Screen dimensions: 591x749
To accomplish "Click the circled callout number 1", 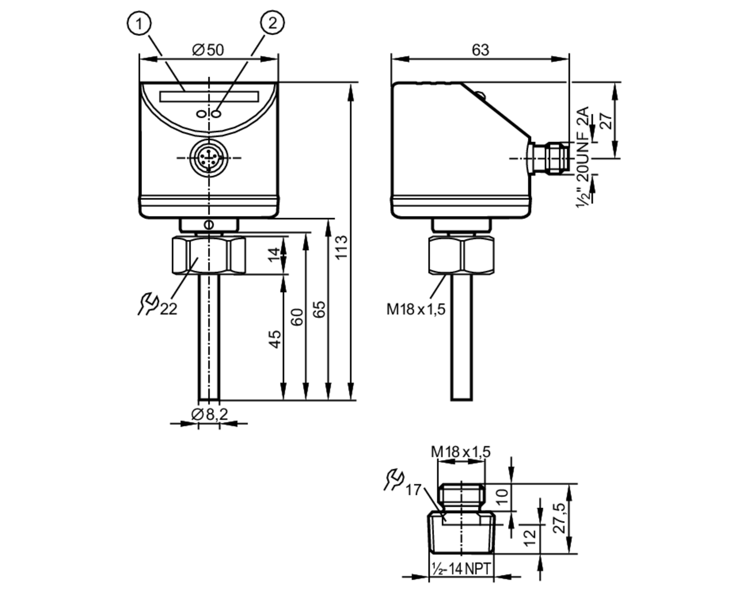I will (139, 24).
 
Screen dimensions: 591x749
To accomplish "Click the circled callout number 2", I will (272, 23).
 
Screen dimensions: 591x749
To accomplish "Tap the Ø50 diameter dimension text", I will (208, 50).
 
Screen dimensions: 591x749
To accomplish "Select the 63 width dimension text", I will (480, 50).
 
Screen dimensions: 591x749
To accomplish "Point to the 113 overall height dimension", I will (341, 247).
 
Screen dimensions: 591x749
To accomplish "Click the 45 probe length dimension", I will (275, 339).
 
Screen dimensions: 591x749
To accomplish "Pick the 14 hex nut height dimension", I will (275, 255).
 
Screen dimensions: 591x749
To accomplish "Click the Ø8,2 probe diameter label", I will (209, 414).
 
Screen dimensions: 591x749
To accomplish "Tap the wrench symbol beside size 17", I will (394, 479).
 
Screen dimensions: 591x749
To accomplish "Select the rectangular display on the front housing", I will (209, 97).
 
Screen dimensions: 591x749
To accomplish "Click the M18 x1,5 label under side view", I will (416, 309).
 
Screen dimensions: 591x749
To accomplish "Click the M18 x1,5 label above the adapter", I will (460, 452).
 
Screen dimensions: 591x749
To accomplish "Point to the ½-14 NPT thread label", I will (461, 569).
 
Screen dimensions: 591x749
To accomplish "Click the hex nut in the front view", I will (209, 255).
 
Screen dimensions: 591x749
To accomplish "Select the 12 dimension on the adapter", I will (530, 538).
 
